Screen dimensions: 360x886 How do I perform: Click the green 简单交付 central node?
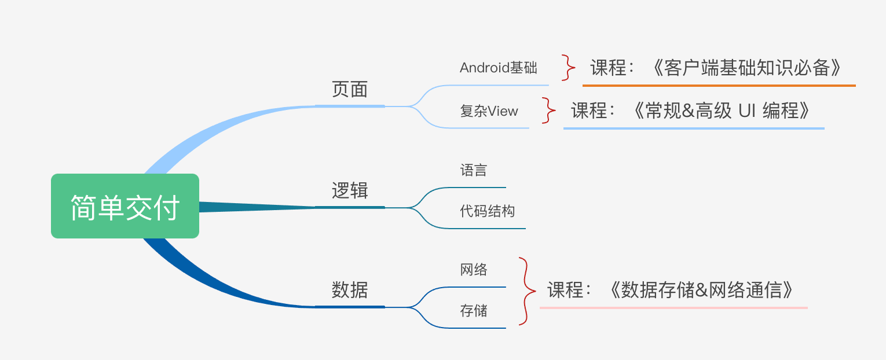point(125,207)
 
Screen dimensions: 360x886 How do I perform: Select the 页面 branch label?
point(350,89)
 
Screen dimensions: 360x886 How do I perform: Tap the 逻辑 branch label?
point(350,190)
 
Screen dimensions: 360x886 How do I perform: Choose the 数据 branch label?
point(350,289)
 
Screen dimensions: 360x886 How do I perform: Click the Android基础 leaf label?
point(498,68)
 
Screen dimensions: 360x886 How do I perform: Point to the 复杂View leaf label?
point(489,111)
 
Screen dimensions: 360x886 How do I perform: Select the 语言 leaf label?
point(473,170)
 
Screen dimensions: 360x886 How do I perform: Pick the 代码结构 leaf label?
point(487,211)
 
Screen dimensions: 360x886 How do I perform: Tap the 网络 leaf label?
point(473,270)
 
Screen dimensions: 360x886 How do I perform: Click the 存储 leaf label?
point(473,311)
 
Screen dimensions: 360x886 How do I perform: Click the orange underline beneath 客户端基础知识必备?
point(719,86)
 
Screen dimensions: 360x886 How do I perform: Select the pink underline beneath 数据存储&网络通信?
point(673,308)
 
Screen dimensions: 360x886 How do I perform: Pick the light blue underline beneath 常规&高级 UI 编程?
point(693,128)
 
